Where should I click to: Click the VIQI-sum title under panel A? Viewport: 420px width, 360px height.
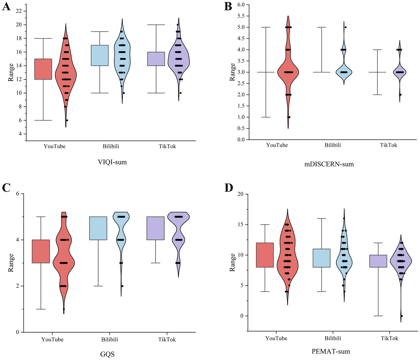tap(112, 162)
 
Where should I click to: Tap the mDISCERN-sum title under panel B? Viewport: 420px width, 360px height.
tap(329, 164)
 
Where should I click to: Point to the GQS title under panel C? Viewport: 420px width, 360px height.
tap(107, 355)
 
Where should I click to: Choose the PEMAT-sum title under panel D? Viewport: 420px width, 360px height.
tap(331, 351)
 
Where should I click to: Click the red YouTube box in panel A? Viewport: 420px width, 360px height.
tap(43, 69)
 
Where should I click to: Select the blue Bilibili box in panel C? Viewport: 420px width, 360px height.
tap(98, 228)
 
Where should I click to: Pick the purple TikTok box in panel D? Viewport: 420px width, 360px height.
tap(378, 261)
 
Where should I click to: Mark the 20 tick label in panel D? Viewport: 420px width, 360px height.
tap(241, 194)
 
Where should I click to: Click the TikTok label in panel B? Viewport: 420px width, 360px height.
tap(388, 145)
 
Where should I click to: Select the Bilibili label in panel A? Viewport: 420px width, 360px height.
tap(111, 146)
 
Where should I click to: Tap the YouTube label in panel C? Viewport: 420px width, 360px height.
tap(52, 339)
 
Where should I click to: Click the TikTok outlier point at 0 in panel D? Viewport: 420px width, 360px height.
tap(402, 316)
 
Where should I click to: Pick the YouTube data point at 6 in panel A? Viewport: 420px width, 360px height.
tap(67, 120)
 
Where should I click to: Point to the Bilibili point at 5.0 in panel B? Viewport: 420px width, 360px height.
tap(346, 27)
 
